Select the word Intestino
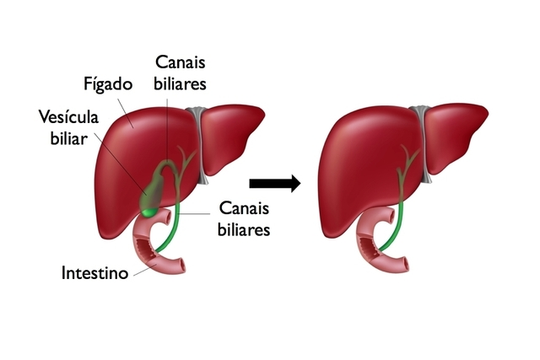[x=94, y=273]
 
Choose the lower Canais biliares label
[x=244, y=217]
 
